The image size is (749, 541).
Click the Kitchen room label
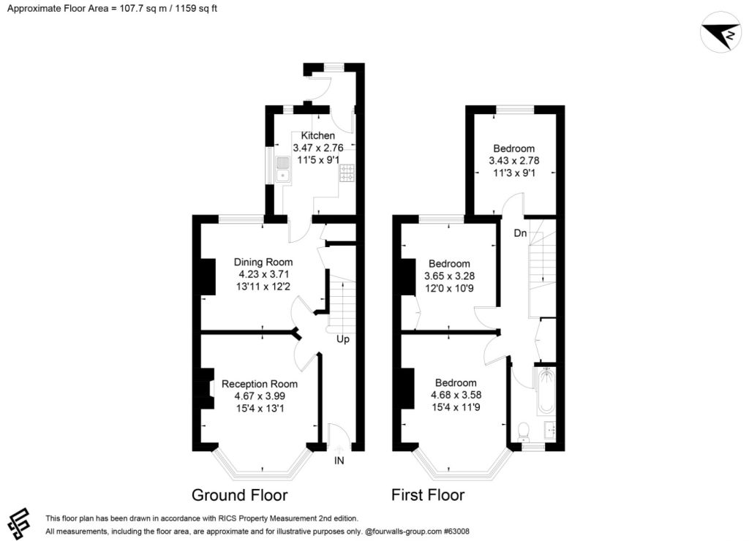pyautogui.click(x=317, y=135)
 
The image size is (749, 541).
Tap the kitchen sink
pyautogui.click(x=283, y=170)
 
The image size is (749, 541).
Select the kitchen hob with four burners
pyautogui.click(x=347, y=173)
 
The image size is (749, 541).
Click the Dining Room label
pyautogui.click(x=263, y=262)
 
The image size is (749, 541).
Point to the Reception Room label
pyautogui.click(x=260, y=384)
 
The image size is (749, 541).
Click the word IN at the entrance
pyautogui.click(x=339, y=461)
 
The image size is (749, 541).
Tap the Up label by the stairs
pyautogui.click(x=343, y=339)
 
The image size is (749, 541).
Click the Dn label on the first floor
pyautogui.click(x=520, y=233)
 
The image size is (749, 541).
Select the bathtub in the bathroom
pyautogui.click(x=546, y=390)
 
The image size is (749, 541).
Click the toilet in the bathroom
pyautogui.click(x=524, y=431)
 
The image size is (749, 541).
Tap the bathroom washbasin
pyautogui.click(x=550, y=430)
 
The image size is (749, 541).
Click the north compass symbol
pyautogui.click(x=720, y=31)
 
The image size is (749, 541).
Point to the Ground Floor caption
pyautogui.click(x=239, y=495)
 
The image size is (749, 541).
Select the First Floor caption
pyautogui.click(x=428, y=495)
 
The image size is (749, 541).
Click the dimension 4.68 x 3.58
pyautogui.click(x=456, y=395)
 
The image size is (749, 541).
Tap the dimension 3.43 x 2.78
pyautogui.click(x=514, y=160)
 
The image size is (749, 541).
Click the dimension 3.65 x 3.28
pyautogui.click(x=450, y=276)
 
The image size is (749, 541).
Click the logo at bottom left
pyautogui.click(x=18, y=523)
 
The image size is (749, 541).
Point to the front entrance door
pyautogui.click(x=339, y=436)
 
